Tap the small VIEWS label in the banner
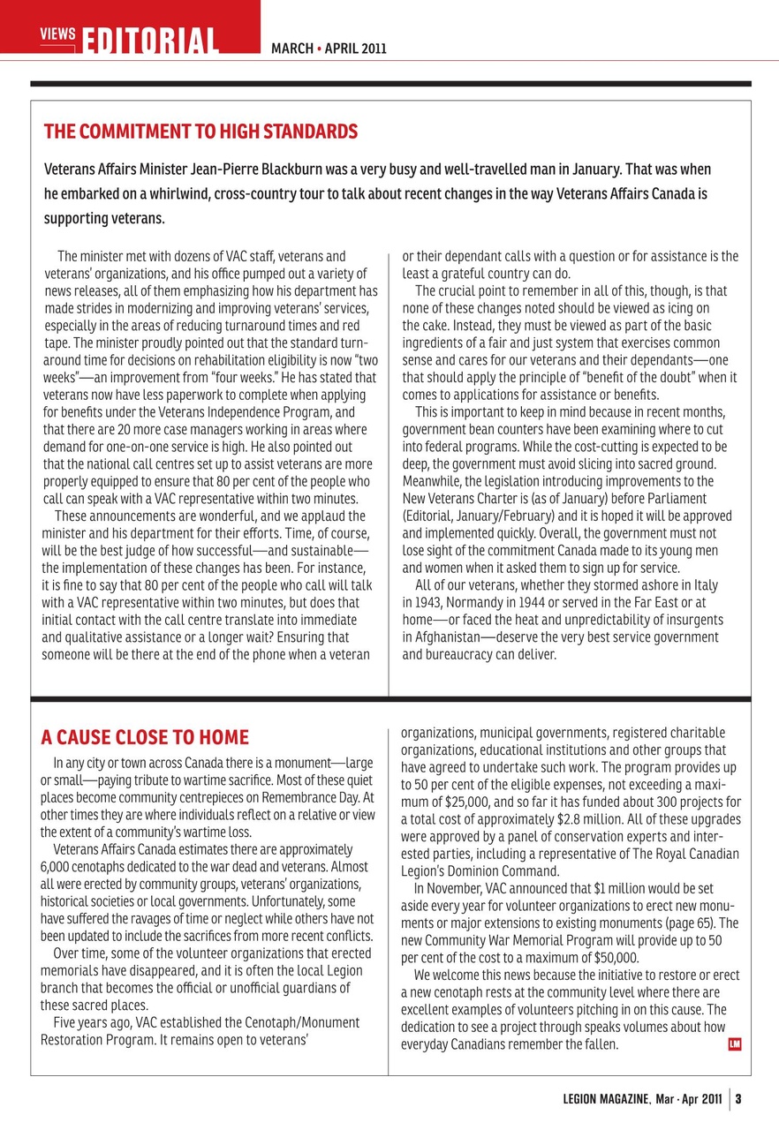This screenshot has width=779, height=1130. pyautogui.click(x=58, y=33)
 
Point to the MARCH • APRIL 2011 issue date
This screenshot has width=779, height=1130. pyautogui.click(x=329, y=49)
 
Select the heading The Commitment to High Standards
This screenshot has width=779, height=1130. pyautogui.click(x=200, y=132)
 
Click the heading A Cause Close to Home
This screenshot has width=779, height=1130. pyautogui.click(x=145, y=737)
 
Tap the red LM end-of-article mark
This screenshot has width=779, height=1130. pyautogui.click(x=734, y=1044)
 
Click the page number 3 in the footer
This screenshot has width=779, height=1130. pyautogui.click(x=737, y=1099)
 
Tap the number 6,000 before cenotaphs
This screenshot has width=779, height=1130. pyautogui.click(x=59, y=866)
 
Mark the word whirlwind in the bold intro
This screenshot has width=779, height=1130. pyautogui.click(x=183, y=193)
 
